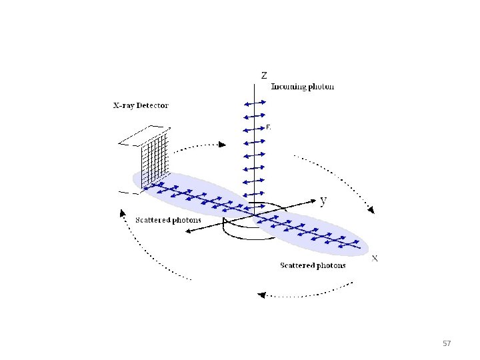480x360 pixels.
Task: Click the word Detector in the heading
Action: (153, 105)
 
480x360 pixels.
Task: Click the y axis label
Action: (323, 199)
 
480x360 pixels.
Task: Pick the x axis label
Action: (375, 258)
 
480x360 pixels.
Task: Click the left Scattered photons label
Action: (169, 220)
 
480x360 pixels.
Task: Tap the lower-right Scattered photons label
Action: (313, 265)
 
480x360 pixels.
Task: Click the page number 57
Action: (447, 343)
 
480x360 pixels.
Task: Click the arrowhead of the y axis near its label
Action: (313, 199)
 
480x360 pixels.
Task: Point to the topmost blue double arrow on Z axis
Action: (255, 103)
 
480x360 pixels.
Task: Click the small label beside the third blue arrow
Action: (268, 127)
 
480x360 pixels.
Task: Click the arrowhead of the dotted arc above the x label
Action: (371, 210)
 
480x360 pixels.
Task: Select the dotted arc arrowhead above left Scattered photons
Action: (122, 213)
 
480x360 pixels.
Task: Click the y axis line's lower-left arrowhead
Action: (188, 231)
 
